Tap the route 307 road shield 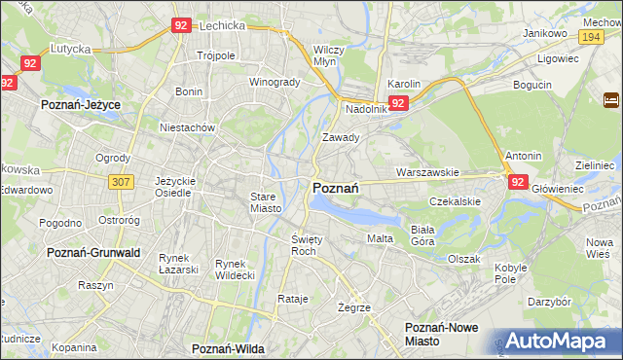pos(122,181)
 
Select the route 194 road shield pos(589,36)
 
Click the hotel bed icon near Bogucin pos(611,100)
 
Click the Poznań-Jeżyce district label pos(78,102)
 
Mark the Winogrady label pos(275,82)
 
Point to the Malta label pos(380,238)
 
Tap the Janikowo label pos(544,33)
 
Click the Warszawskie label pos(426,172)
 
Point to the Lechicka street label pos(220,27)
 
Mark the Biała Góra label pos(421,234)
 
